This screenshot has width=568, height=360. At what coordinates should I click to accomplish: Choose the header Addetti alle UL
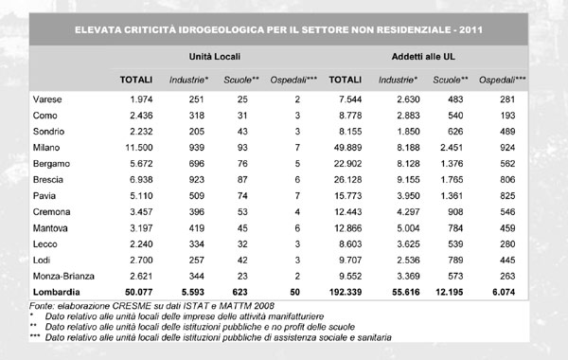(425, 57)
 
